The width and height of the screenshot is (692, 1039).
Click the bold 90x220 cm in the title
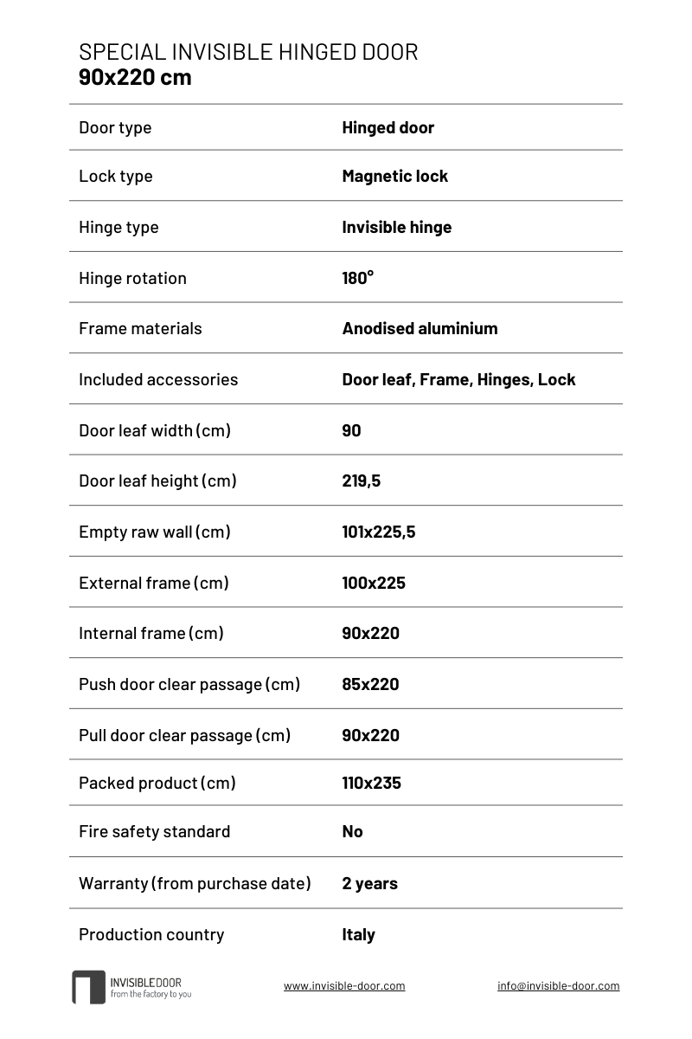coord(135,77)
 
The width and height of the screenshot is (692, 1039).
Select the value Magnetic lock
coord(394,176)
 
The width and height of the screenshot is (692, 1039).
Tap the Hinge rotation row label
coord(132,278)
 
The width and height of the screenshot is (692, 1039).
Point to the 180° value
coord(358,278)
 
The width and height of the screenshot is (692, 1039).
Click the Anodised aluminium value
coord(420,328)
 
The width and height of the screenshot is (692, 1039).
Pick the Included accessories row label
coord(158,379)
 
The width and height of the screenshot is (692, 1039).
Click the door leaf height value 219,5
coord(361,481)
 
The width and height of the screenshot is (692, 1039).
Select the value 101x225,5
coord(378,532)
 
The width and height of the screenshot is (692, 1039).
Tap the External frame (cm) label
coord(154,583)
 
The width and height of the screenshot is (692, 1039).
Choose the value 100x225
coord(374,583)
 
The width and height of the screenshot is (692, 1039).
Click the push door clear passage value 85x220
coord(370,684)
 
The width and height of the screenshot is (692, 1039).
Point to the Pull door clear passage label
coord(184,735)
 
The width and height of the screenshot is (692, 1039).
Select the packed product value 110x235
coord(371,783)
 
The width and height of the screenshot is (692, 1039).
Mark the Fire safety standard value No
coord(352,831)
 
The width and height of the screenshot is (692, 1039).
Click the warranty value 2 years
coord(369,883)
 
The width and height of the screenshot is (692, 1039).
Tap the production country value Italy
coord(358,934)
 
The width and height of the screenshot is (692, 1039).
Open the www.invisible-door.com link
coord(344,985)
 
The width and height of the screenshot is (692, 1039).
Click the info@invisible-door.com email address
coord(558,985)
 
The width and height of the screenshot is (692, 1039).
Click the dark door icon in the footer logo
coord(88,987)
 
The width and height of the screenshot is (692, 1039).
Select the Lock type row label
coord(115,176)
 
